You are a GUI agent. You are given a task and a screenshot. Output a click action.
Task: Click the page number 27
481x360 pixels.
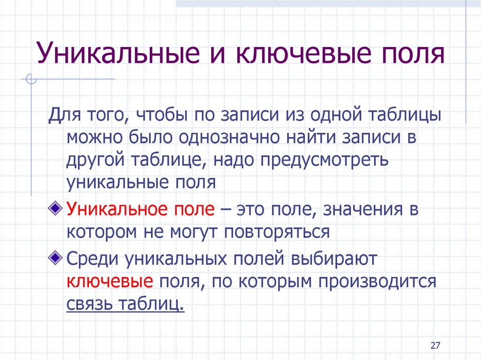click(435, 345)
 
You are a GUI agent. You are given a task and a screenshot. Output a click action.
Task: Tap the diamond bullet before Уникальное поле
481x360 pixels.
click(55, 208)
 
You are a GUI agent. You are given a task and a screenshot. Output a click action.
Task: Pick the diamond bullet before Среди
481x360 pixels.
click(55, 257)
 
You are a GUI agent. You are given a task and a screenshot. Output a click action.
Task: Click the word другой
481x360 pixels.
click(95, 160)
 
